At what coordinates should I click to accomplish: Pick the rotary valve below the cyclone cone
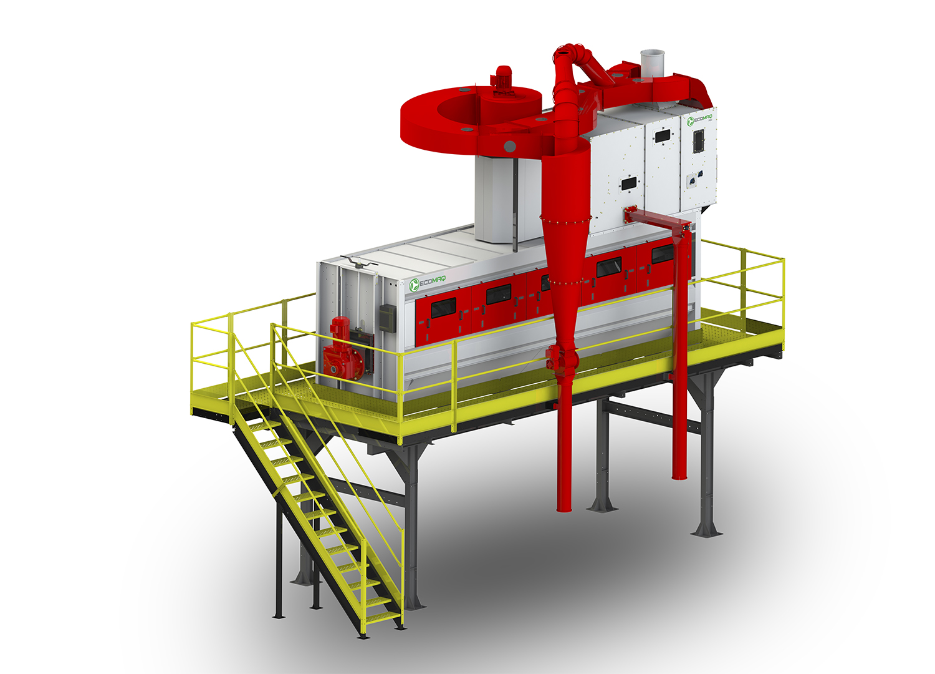click(x=558, y=359)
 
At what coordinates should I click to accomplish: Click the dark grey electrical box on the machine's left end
click(x=387, y=316)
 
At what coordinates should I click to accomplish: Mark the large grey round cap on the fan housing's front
click(x=509, y=146)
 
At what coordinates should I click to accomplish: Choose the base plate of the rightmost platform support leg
click(x=706, y=532)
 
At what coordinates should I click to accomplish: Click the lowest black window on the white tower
click(x=628, y=183)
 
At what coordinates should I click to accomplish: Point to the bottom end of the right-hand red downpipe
click(x=679, y=476)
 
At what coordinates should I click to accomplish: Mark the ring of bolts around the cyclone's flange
click(x=564, y=218)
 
